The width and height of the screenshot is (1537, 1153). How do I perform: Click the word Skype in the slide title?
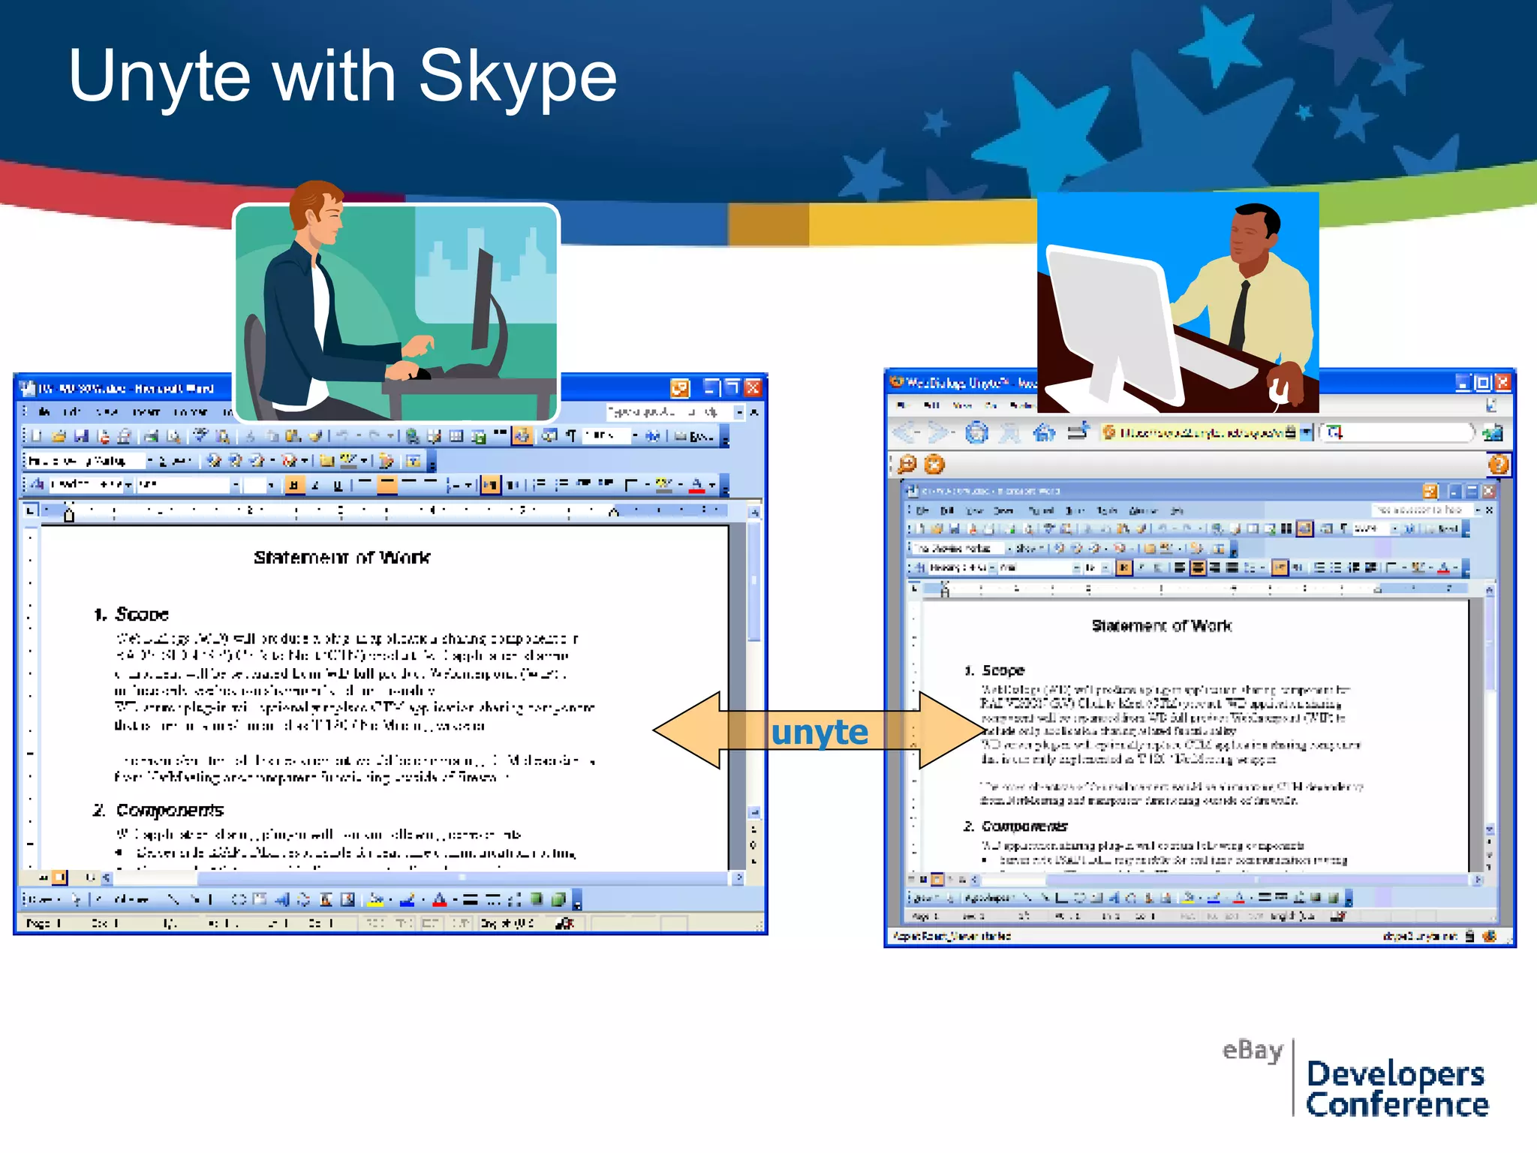pos(518,77)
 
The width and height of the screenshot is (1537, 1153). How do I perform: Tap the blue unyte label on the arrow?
pos(820,732)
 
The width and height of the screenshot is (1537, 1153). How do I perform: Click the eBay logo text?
pos(1252,1049)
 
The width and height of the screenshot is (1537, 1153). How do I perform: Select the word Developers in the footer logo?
pos(1395,1074)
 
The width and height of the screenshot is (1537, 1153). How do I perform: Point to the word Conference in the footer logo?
pos(1397,1105)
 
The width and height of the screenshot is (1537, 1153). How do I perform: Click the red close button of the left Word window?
pos(753,387)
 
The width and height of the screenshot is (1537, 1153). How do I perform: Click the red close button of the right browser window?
pos(1502,383)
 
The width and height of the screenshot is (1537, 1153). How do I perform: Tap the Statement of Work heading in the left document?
pos(341,558)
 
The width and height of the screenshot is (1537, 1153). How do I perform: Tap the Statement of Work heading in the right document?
pos(1161,626)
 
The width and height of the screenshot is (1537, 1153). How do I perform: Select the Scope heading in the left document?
pos(141,615)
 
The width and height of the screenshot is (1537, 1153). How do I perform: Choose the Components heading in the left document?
pos(170,811)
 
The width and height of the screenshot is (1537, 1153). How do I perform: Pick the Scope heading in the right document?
pos(1003,670)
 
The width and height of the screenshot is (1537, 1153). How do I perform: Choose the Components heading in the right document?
pos(1024,826)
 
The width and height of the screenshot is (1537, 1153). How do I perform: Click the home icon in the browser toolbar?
pos(1043,433)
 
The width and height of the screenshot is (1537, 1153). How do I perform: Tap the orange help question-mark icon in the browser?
pos(1498,465)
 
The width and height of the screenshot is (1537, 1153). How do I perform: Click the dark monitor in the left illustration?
pos(483,300)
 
